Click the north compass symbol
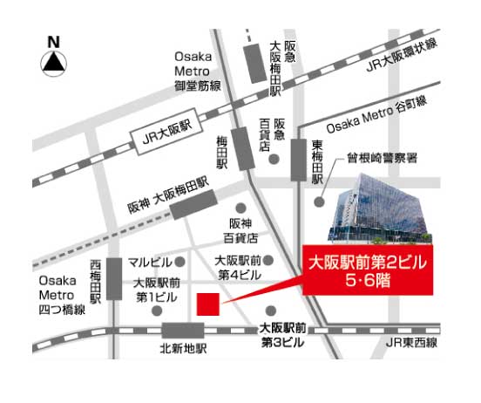[54, 57]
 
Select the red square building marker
[207, 305]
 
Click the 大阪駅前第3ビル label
[282, 335]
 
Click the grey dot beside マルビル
[180, 262]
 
